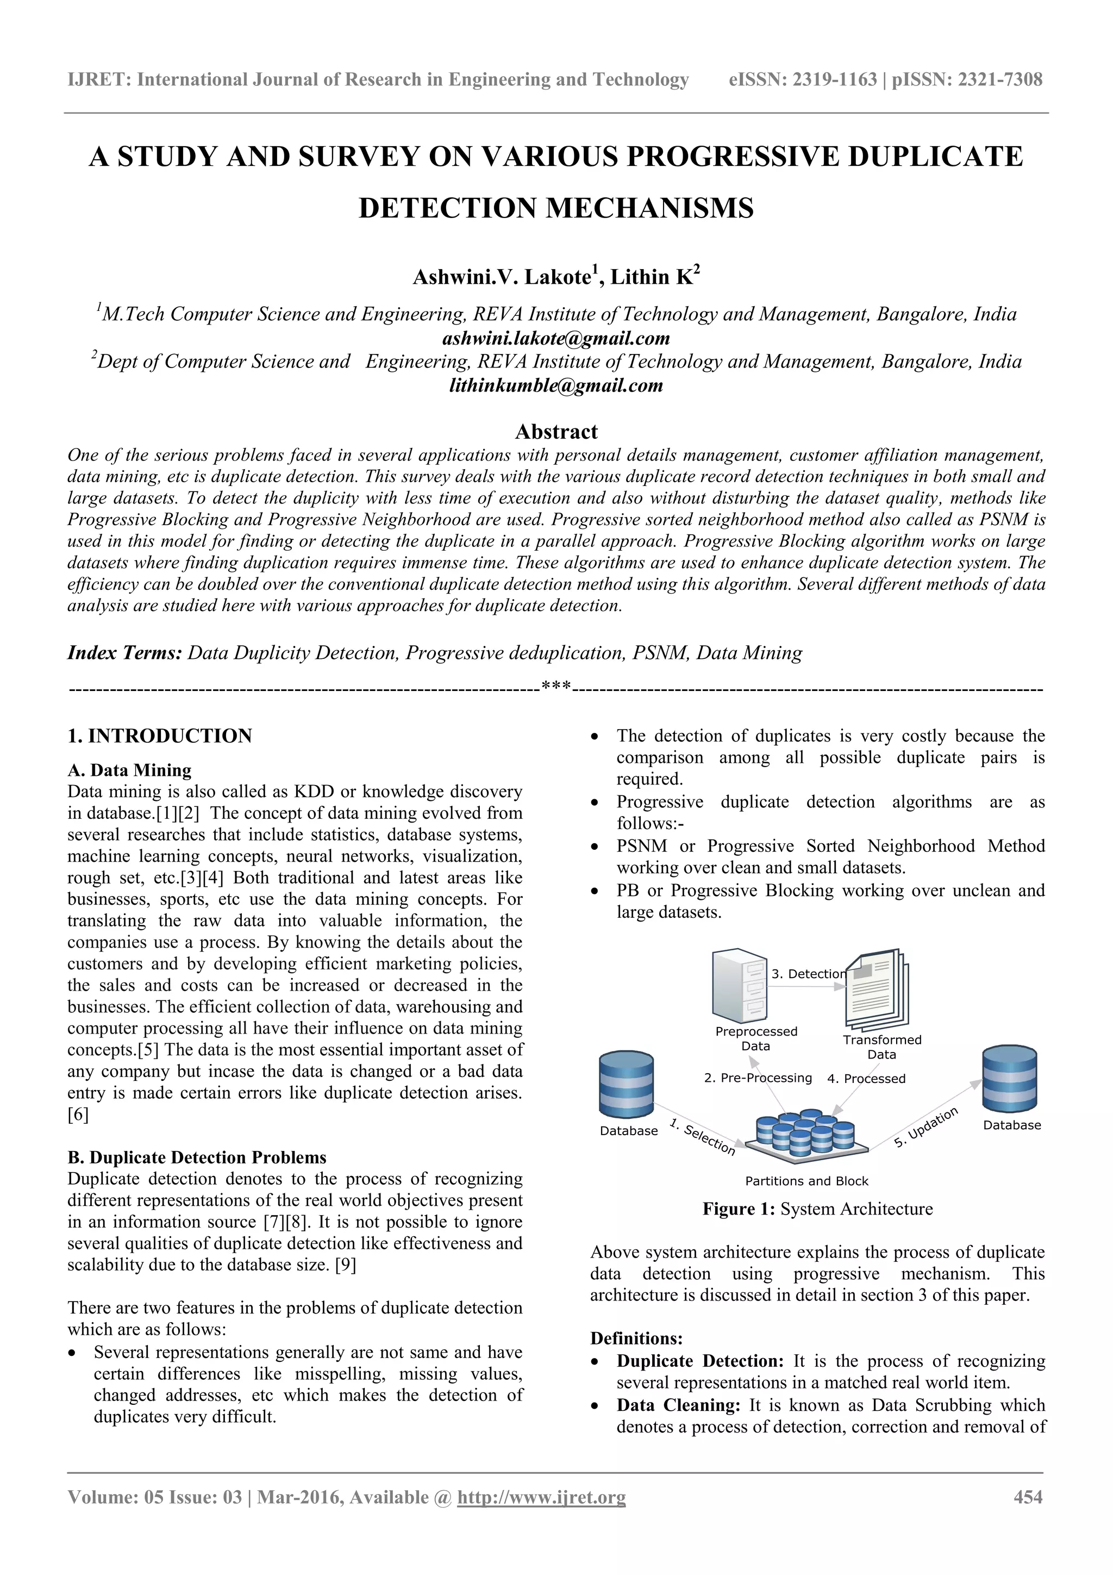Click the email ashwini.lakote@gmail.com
point(556,338)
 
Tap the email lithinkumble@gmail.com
point(556,385)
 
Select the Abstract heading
point(556,432)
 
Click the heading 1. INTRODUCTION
point(160,736)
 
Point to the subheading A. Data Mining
point(129,770)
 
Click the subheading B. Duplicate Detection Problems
point(197,1157)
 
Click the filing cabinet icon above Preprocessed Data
point(739,985)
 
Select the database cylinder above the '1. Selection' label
point(626,1085)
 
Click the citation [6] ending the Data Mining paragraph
point(78,1115)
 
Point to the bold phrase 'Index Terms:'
point(124,652)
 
